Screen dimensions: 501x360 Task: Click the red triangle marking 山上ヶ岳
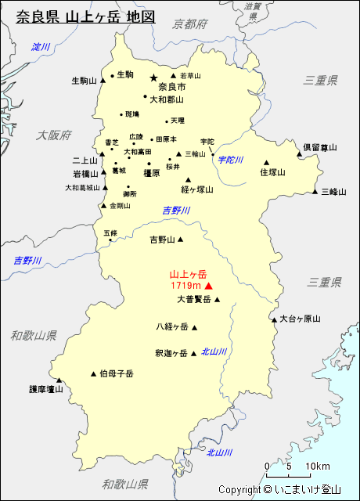(x=208, y=287)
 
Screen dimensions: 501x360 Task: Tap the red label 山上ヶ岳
(x=188, y=275)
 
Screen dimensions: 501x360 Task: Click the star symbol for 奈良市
(x=153, y=77)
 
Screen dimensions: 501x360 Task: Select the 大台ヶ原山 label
(x=301, y=319)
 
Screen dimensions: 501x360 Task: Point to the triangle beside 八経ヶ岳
(x=195, y=328)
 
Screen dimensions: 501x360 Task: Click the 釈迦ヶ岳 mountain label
(x=171, y=353)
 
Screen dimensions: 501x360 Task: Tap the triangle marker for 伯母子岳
(x=94, y=373)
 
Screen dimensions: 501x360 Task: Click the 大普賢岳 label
(x=193, y=299)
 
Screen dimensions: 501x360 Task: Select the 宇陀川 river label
(x=231, y=160)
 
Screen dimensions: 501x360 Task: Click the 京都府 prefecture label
(x=191, y=24)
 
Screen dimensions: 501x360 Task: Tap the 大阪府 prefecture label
(x=53, y=135)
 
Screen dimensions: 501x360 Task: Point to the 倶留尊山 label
(x=320, y=146)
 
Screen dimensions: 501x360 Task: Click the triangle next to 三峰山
(x=315, y=192)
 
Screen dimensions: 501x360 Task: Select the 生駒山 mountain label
(x=84, y=81)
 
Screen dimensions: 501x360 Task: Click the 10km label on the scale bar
(x=317, y=467)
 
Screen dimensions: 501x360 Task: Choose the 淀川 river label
(x=41, y=47)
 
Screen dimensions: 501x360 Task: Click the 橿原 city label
(x=151, y=173)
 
